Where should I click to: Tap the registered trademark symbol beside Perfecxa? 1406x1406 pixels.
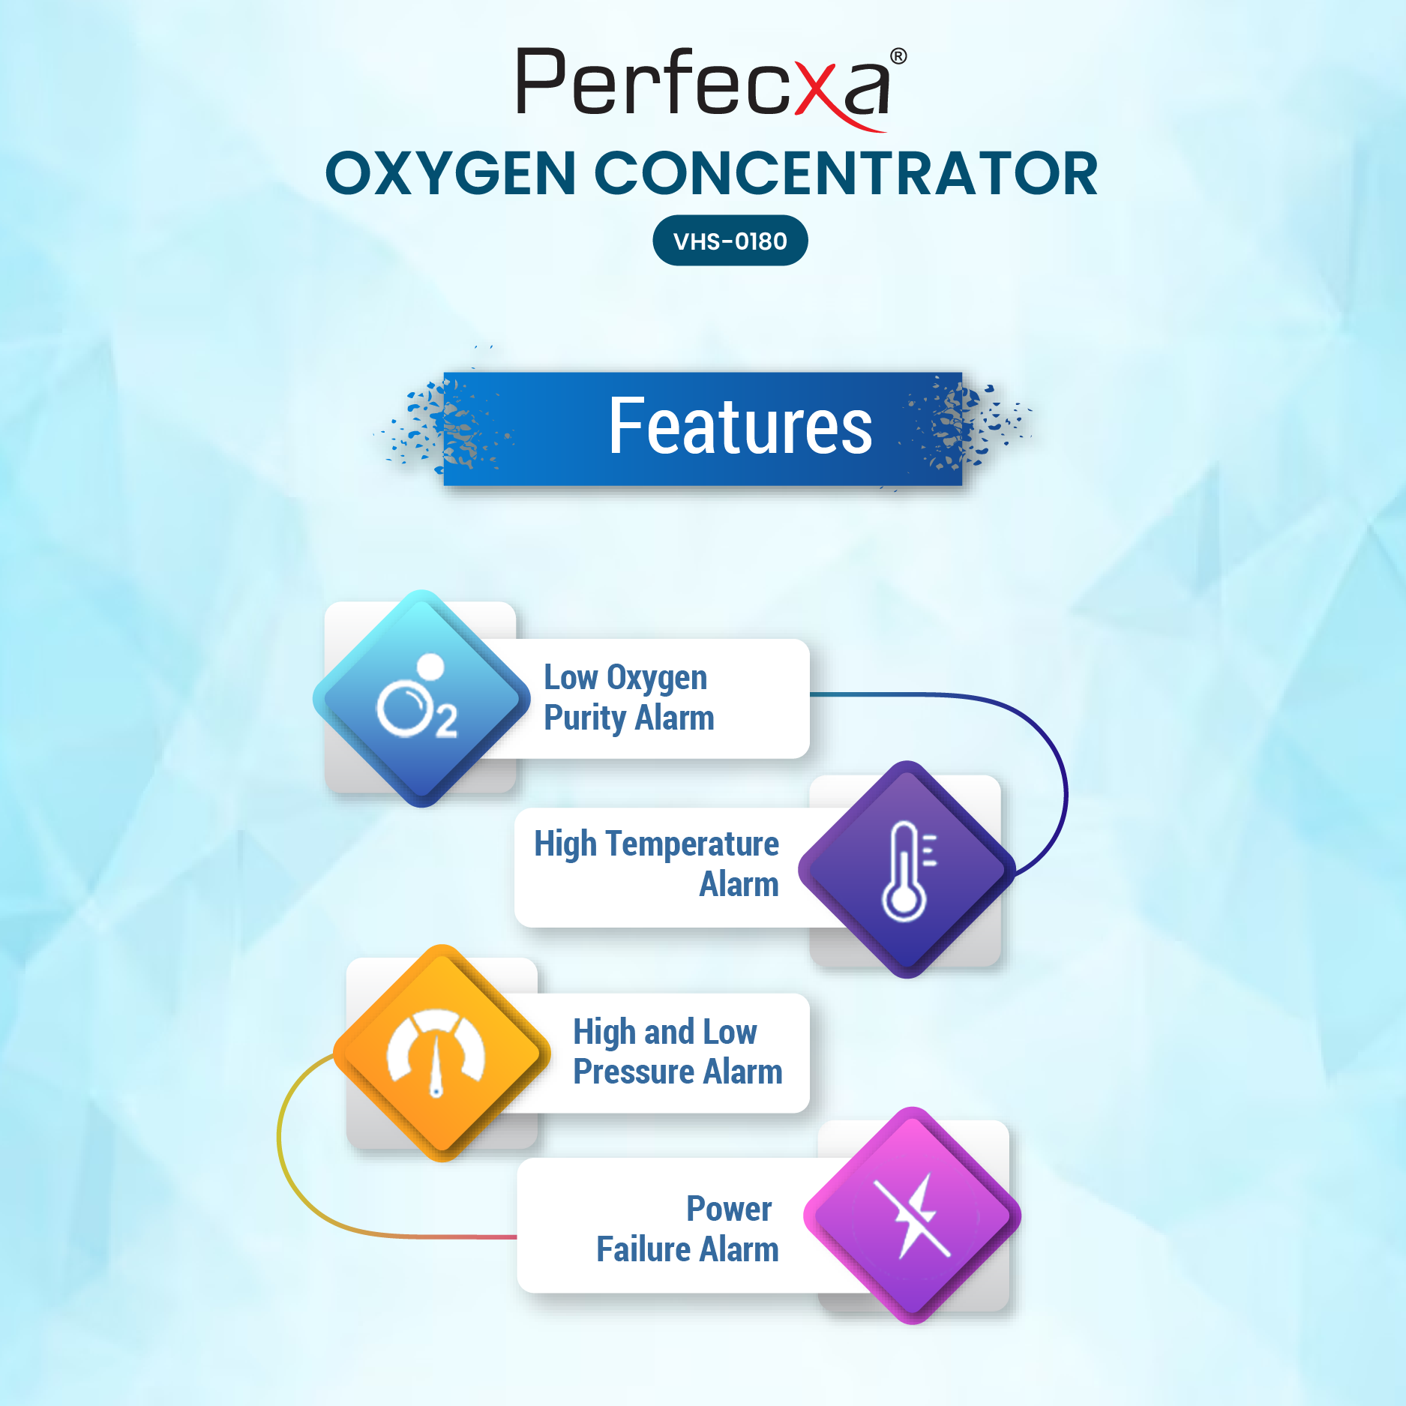point(898,56)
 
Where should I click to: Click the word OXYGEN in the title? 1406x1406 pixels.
point(451,173)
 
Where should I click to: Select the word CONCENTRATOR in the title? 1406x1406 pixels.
point(847,173)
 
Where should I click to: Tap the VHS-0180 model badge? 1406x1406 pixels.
point(730,241)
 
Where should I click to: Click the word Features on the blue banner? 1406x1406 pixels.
point(740,427)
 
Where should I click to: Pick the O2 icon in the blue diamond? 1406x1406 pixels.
point(417,697)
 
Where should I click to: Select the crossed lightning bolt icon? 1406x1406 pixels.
point(913,1216)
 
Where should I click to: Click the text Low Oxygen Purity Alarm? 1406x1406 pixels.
point(628,697)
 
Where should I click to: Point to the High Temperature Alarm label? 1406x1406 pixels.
point(656,864)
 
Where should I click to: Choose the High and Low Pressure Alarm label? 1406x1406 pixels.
point(677,1052)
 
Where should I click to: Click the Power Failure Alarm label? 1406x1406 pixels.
point(688,1229)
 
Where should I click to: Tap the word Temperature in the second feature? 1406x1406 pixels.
point(692,844)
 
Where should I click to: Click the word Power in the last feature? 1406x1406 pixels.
point(729,1209)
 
